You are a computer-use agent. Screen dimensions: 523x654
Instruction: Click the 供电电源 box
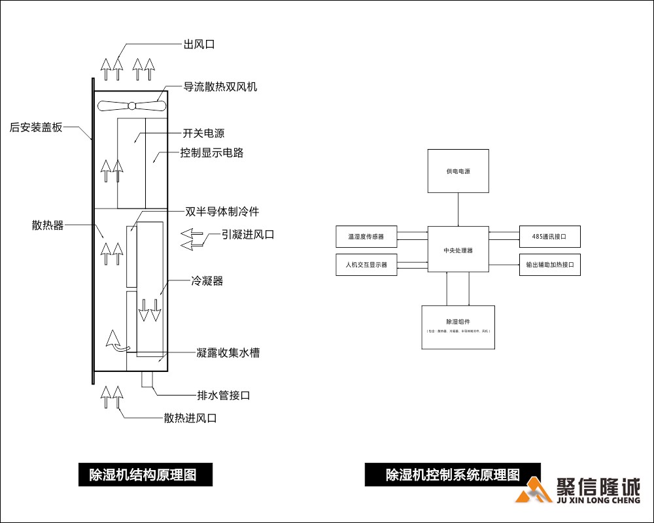pyautogui.click(x=458, y=171)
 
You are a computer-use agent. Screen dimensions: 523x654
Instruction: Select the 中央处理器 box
pyautogui.click(x=458, y=249)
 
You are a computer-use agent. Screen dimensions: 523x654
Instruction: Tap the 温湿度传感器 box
pyautogui.click(x=366, y=236)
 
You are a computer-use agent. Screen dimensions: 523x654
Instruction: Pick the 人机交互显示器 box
pyautogui.click(x=366, y=265)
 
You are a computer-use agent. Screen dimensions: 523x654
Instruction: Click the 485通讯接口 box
pyautogui.click(x=549, y=236)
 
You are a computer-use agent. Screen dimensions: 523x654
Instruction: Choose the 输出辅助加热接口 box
pyautogui.click(x=549, y=265)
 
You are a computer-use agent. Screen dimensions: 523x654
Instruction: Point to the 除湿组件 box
pyautogui.click(x=458, y=327)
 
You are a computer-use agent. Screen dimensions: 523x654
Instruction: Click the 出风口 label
pyautogui.click(x=199, y=44)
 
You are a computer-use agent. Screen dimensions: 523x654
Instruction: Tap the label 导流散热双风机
pyautogui.click(x=220, y=86)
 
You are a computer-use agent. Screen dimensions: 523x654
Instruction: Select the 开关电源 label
pyautogui.click(x=203, y=133)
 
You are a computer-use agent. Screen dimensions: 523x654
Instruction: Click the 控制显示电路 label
pyautogui.click(x=212, y=153)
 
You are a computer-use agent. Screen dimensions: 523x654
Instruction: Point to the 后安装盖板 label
pyautogui.click(x=36, y=127)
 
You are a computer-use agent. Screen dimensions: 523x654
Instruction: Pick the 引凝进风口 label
pyautogui.click(x=247, y=235)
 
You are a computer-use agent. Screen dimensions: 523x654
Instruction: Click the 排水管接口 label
pyautogui.click(x=224, y=396)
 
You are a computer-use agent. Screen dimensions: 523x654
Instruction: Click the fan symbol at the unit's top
pyautogui.click(x=131, y=105)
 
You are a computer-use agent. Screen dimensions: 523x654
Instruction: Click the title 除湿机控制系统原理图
pyautogui.click(x=453, y=474)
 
